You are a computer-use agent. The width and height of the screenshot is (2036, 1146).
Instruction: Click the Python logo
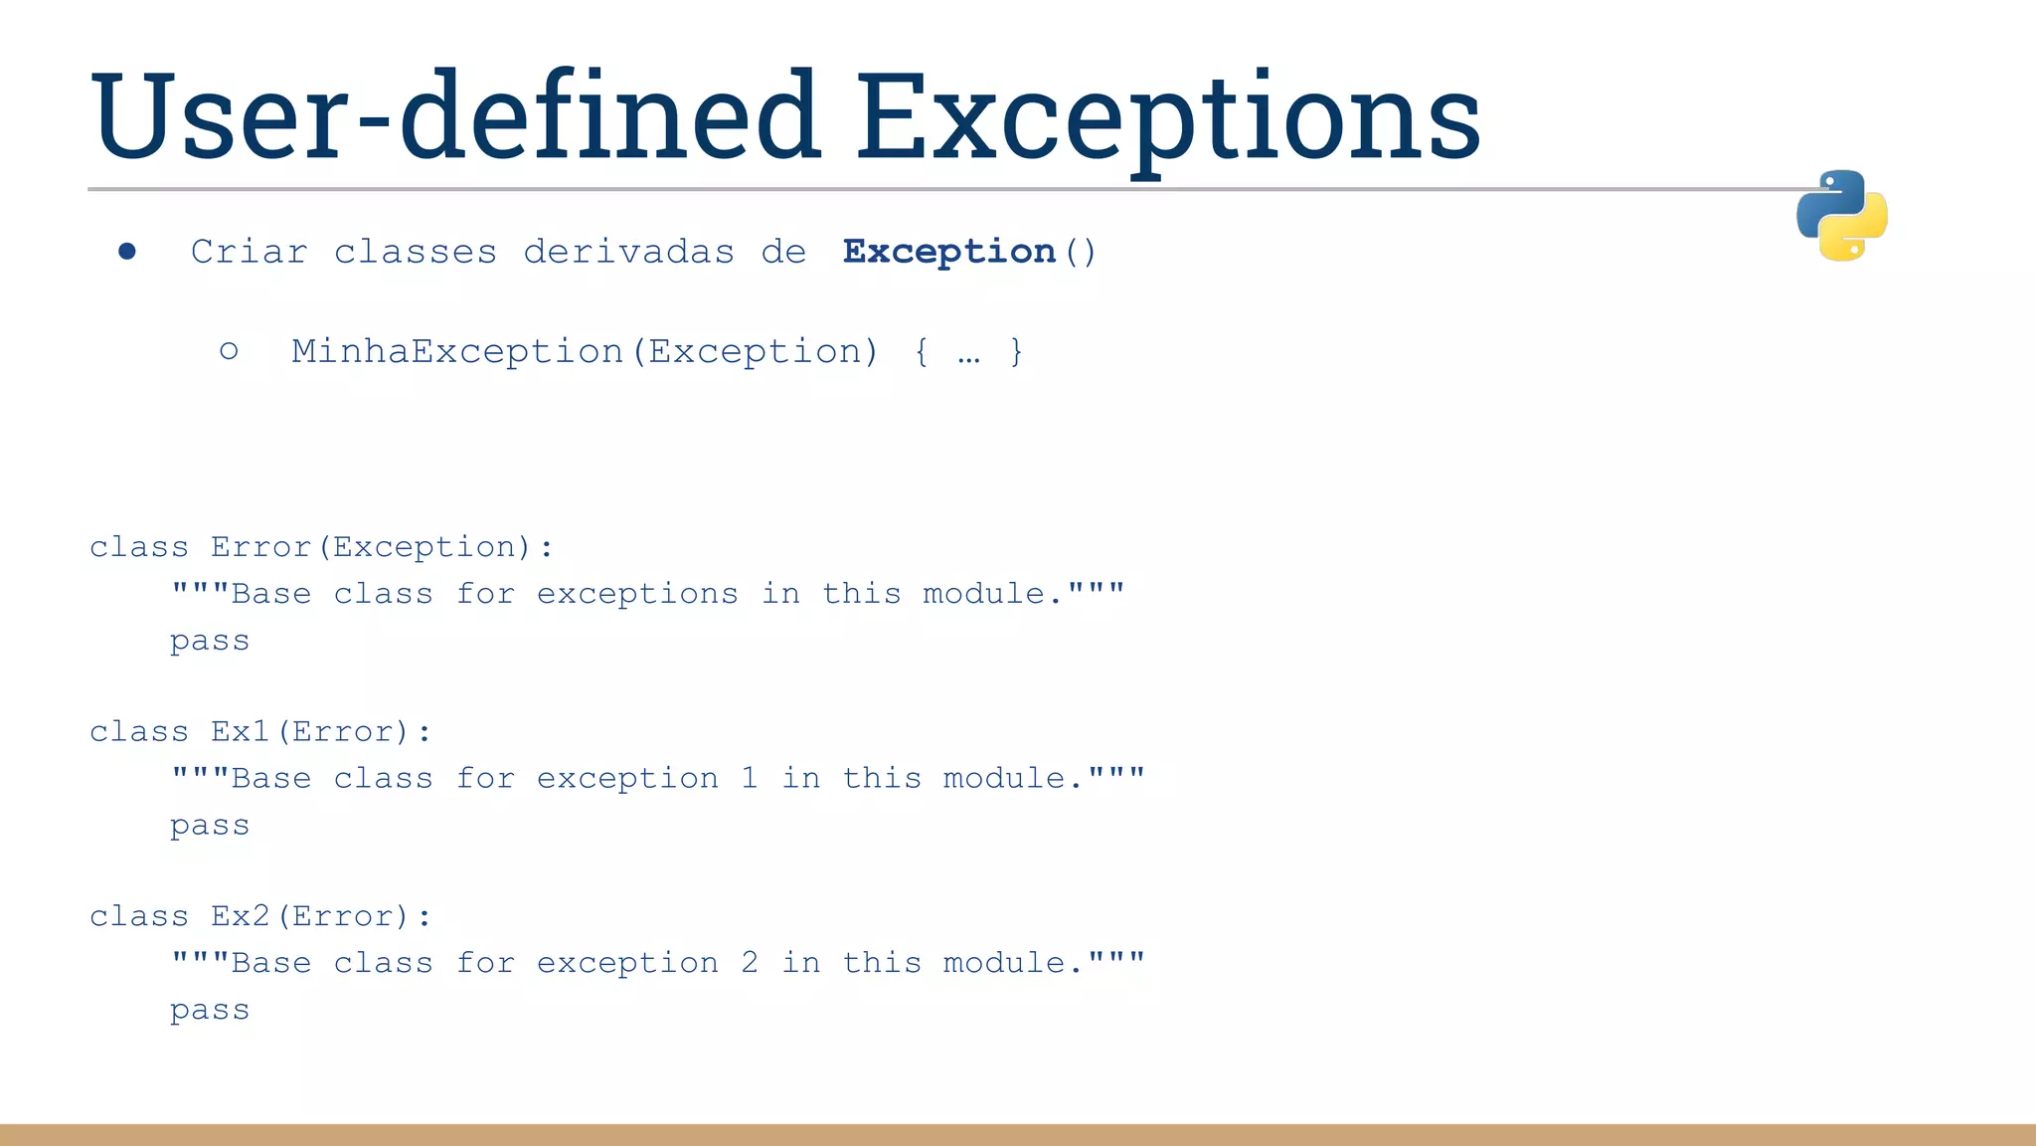1841,216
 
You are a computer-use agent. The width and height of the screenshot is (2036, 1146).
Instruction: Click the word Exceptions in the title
1168,116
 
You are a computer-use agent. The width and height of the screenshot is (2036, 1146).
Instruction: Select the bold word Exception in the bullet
948,252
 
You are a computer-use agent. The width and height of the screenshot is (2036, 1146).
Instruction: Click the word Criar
250,252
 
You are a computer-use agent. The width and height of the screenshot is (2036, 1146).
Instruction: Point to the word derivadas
628,252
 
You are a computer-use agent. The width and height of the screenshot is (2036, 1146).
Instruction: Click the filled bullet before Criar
126,252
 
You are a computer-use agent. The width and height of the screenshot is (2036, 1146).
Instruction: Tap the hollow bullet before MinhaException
229,351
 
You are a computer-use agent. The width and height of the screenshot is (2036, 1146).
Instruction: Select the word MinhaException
457,351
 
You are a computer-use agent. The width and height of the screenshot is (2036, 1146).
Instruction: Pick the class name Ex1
240,732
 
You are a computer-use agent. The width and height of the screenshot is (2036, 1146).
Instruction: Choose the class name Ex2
240,916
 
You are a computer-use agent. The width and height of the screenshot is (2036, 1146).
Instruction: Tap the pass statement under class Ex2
210,1011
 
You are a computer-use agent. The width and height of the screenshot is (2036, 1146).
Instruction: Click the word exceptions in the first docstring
637,595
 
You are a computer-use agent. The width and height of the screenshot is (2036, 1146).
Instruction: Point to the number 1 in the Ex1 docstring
750,778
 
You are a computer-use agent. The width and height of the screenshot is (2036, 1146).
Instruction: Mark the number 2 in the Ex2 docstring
750,963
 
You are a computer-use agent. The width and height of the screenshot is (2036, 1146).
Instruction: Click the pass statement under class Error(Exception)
210,642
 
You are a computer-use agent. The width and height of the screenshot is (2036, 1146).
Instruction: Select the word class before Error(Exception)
139,547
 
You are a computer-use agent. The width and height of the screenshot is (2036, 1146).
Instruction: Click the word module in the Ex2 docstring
1004,963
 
